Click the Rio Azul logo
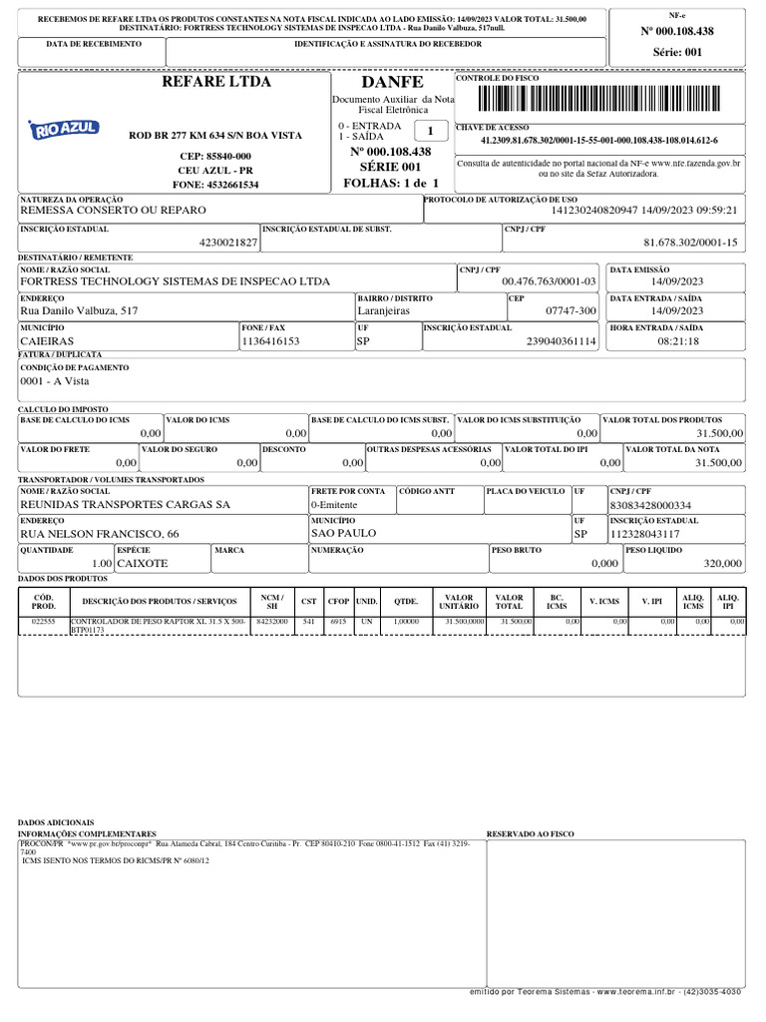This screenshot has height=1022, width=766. (62, 130)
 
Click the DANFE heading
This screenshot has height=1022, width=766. (392, 82)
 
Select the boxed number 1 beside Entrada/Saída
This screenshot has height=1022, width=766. (430, 132)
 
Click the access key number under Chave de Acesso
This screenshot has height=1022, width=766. (598, 141)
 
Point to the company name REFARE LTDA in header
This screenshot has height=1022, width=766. (216, 82)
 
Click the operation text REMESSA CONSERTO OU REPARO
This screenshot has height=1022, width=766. (113, 211)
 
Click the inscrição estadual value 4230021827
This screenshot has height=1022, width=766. (228, 243)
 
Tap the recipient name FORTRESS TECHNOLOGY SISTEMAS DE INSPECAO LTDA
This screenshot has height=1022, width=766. (175, 282)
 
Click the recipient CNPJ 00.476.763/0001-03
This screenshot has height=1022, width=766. (549, 282)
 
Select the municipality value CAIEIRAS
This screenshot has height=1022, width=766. (47, 341)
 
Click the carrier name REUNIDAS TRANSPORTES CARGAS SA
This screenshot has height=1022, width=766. (125, 505)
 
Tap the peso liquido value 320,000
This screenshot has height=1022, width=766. (722, 564)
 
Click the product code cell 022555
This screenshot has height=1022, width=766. (44, 621)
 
